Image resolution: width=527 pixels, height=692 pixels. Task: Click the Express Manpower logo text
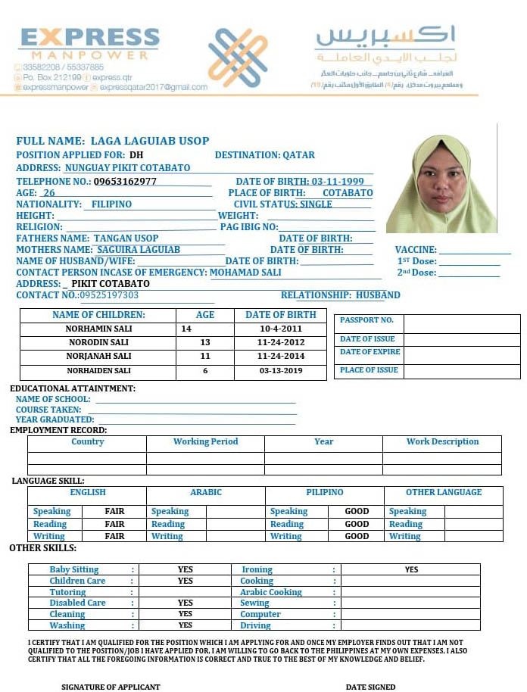tap(89, 43)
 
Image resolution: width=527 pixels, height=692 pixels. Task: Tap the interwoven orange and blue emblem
tap(238, 58)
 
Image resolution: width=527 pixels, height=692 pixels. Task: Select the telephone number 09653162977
tap(126, 182)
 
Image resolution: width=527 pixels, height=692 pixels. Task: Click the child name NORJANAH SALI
tap(98, 356)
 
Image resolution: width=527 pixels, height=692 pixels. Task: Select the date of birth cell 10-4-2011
tap(280, 329)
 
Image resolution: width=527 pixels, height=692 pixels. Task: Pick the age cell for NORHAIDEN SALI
tap(205, 371)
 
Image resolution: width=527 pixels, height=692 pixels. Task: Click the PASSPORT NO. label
tap(366, 320)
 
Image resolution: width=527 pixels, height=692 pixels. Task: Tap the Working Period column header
tap(205, 442)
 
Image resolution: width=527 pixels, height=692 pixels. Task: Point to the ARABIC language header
tap(206, 493)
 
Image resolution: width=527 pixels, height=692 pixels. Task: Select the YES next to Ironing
tap(411, 569)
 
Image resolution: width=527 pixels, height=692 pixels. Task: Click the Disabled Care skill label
tap(77, 603)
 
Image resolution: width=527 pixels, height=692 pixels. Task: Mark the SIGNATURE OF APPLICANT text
tap(111, 687)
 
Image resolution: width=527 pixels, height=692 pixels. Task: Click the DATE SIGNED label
tap(370, 687)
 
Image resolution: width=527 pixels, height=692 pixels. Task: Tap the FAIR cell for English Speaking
tap(114, 512)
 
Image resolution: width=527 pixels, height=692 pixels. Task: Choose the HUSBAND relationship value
tap(378, 295)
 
